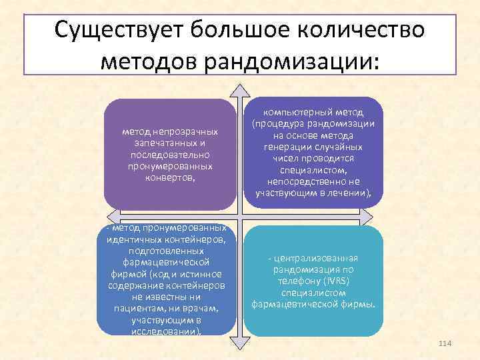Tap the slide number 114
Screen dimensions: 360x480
(x=445, y=343)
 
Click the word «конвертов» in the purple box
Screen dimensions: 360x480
(x=169, y=177)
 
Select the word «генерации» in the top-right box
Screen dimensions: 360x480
(x=291, y=147)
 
